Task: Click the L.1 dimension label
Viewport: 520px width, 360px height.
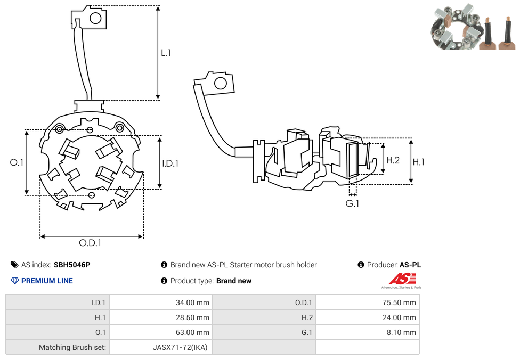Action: click(166, 53)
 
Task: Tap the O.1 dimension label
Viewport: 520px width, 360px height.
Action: click(17, 162)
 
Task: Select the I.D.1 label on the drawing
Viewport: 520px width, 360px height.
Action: click(170, 163)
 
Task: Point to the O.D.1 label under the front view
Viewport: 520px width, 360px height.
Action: click(90, 243)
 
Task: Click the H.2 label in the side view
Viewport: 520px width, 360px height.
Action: click(393, 160)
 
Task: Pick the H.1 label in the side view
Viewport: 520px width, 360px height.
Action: click(419, 162)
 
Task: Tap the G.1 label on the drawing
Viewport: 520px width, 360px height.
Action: click(352, 203)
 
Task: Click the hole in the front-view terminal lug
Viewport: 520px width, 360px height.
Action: click(96, 19)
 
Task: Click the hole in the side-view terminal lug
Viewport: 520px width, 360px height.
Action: click(220, 83)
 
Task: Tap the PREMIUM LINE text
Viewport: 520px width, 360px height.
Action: click(47, 281)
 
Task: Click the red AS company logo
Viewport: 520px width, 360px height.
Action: click(402, 279)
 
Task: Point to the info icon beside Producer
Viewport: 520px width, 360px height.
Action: click(361, 265)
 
